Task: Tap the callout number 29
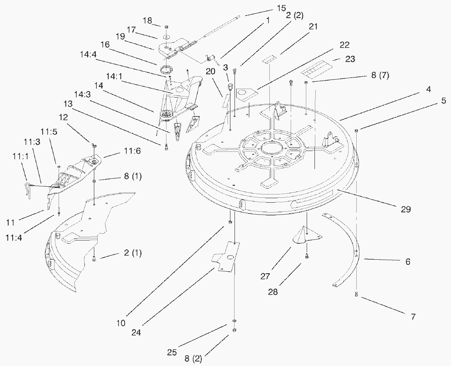click(405, 209)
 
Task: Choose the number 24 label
click(136, 332)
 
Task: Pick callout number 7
click(413, 316)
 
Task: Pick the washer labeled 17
click(166, 38)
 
